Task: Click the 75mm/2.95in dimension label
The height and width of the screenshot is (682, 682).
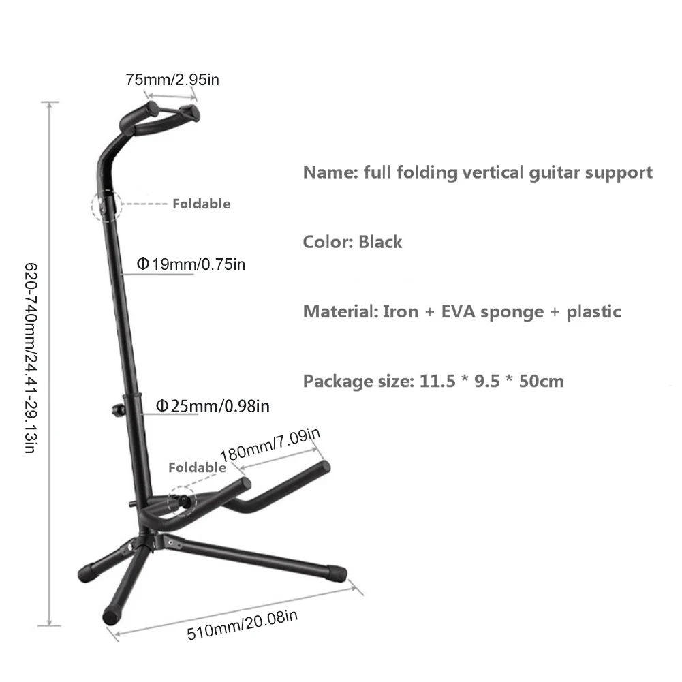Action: [172, 79]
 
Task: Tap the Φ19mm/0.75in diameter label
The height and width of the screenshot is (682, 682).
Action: [191, 264]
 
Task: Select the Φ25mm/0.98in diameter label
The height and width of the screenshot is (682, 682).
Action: [213, 406]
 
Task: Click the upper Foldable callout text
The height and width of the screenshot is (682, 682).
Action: [201, 204]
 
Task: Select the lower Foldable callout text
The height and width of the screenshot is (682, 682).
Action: [196, 467]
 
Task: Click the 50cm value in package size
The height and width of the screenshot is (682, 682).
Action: [542, 381]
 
